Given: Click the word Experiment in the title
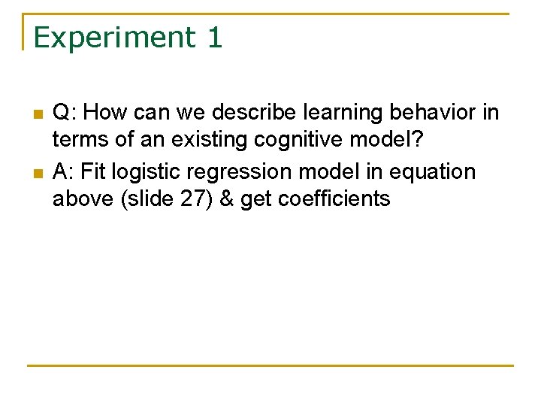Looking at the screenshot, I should [113, 37].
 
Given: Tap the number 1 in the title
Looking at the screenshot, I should [214, 37].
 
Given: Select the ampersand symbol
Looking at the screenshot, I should [225, 198].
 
